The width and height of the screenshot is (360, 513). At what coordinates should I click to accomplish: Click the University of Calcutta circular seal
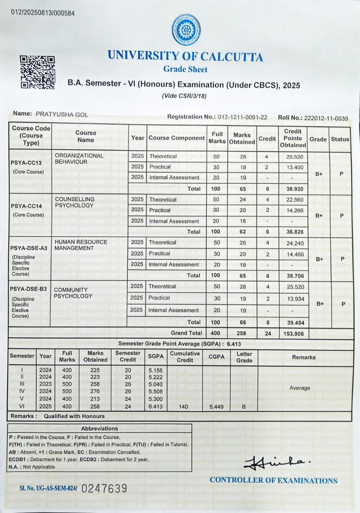[186, 30]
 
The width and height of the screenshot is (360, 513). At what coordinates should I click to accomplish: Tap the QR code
[37, 72]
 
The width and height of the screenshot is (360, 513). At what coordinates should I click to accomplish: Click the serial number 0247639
[104, 488]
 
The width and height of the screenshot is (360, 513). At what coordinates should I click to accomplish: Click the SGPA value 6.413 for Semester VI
[155, 406]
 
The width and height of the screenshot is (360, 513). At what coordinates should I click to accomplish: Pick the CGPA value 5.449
[217, 406]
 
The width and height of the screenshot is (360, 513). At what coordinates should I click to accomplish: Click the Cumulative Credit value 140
[184, 406]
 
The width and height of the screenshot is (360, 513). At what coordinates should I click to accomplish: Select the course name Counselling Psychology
[74, 202]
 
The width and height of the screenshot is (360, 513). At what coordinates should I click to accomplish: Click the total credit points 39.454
[295, 322]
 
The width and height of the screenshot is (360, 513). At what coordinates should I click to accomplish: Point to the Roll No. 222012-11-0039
[326, 118]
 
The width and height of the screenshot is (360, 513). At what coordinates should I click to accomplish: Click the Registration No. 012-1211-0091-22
[242, 117]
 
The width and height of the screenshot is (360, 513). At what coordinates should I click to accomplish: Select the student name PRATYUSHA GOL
[62, 114]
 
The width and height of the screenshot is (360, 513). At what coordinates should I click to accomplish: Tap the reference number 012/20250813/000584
[43, 13]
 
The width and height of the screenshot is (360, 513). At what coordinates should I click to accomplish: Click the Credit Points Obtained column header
[293, 138]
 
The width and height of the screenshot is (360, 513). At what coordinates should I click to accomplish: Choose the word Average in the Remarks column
[300, 388]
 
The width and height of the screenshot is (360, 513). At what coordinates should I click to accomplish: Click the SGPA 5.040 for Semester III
[155, 384]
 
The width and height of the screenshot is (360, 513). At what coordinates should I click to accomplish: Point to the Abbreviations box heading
[99, 428]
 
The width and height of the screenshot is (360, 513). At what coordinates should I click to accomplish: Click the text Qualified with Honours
[74, 416]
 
